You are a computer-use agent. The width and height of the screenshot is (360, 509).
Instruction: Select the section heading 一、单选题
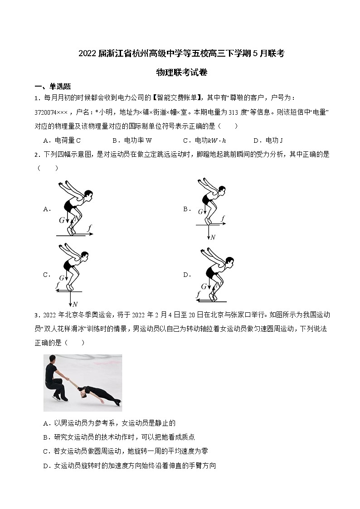coord(53,87)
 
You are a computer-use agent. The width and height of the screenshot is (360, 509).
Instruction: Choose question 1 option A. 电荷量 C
coord(62,141)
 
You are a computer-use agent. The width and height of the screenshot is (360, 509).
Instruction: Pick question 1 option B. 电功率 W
coord(132,141)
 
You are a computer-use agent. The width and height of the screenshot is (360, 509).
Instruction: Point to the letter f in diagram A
coord(89,228)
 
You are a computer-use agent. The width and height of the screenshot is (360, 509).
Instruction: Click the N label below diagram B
coord(213,237)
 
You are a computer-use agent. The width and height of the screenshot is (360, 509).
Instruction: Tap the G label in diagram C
coord(61,278)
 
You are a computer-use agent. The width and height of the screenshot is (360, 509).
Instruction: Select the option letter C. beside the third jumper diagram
coord(46,275)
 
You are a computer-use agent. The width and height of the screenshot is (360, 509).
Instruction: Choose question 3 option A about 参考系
coord(109,423)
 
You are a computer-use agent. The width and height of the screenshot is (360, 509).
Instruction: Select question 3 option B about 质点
coord(119,437)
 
